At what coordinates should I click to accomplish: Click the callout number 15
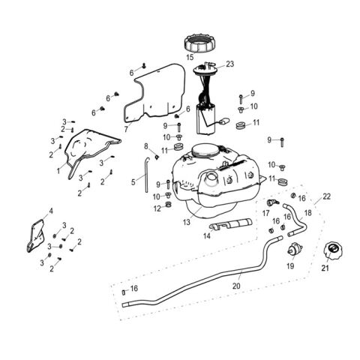(190, 57)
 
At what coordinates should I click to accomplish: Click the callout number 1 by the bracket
(58, 170)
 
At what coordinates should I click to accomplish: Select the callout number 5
(133, 181)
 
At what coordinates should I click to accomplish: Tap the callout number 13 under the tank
(187, 223)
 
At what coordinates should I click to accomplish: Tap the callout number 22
(325, 196)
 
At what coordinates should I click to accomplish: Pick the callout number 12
(157, 208)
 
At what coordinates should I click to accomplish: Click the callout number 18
(307, 213)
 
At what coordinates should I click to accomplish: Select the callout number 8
(145, 145)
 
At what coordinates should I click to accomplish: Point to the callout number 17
(265, 213)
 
